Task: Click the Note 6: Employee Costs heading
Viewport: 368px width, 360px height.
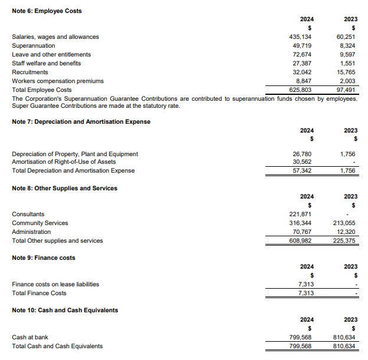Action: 47,11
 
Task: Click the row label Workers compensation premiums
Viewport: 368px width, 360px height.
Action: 58,81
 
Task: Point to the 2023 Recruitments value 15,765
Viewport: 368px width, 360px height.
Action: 347,72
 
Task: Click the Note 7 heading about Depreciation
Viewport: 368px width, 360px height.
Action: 81,121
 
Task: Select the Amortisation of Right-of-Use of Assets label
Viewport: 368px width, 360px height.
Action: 64,161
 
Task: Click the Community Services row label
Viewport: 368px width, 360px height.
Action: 40,223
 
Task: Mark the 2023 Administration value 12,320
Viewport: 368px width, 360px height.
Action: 347,232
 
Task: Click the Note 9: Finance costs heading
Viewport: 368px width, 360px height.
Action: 44,257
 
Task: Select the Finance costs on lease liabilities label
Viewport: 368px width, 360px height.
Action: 55,284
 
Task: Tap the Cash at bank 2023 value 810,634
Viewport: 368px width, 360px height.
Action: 345,337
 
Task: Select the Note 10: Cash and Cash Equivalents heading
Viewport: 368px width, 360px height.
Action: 65,310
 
